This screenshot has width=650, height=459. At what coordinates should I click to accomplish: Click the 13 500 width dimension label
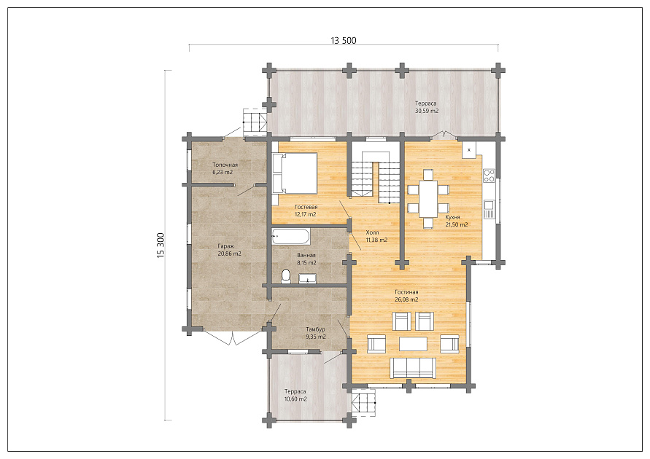344,40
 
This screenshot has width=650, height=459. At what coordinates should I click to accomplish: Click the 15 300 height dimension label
160,246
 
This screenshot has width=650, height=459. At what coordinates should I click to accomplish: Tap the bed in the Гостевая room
295,173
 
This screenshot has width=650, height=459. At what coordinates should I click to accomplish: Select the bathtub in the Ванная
290,238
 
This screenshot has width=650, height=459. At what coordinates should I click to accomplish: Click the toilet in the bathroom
286,276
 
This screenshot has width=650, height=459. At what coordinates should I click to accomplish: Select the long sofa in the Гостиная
414,368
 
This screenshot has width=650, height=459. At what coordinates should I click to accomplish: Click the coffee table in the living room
414,344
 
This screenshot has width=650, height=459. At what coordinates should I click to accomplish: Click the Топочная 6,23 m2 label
225,168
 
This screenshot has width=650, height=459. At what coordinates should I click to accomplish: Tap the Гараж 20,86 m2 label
229,250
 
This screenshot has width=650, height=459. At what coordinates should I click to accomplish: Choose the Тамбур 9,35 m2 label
315,333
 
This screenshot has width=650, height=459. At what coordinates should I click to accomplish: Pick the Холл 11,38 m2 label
376,236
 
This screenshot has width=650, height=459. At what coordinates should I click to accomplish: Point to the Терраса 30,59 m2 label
427,107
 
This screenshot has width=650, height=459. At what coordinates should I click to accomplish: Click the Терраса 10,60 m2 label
295,396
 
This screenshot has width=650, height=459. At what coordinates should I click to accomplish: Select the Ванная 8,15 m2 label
306,259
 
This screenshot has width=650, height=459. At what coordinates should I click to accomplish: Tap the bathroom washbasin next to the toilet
308,278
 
